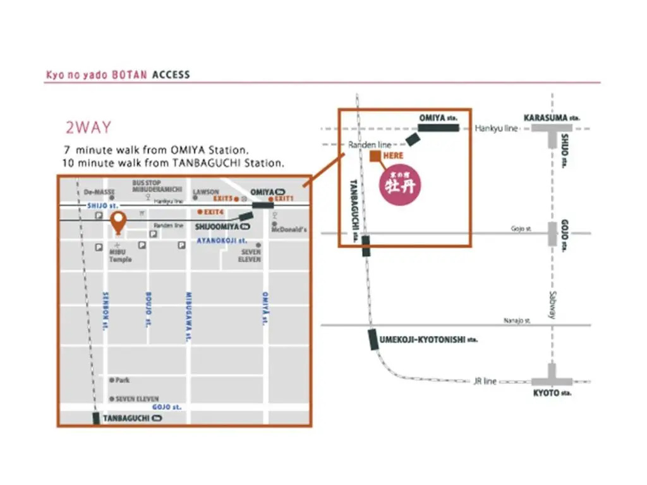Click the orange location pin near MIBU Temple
click(118, 221)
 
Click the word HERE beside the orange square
click(393, 155)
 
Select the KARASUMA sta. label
click(552, 117)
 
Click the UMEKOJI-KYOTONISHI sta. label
click(429, 340)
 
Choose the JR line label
click(485, 381)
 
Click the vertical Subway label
click(552, 304)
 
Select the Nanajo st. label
click(517, 321)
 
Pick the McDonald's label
click(289, 229)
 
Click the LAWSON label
click(206, 191)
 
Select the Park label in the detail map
click(122, 380)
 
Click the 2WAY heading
click(88, 128)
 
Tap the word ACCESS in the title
click(171, 75)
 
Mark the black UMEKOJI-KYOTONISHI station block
click(373, 340)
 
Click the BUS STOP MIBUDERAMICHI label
click(157, 186)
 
